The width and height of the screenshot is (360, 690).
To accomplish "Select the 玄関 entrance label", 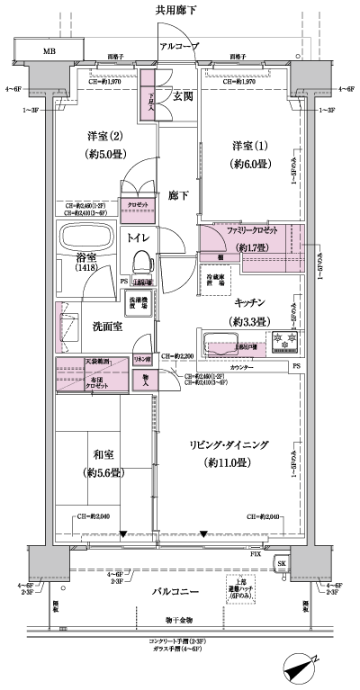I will [x=184, y=96].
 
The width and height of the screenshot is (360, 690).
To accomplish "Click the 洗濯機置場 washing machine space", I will [x=135, y=303].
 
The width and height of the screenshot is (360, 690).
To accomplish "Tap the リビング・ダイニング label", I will [x=241, y=446].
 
